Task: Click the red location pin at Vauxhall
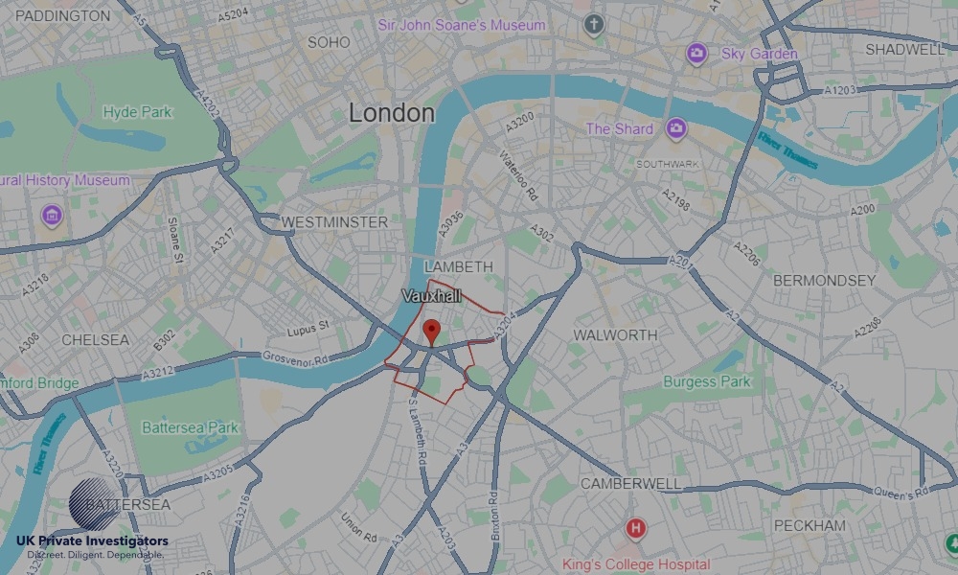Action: coord(431,332)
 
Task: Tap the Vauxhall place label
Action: coord(432,297)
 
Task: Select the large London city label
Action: coord(391,113)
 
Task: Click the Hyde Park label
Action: coord(137,112)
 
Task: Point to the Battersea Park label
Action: coord(191,427)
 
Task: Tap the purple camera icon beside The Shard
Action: coord(676,128)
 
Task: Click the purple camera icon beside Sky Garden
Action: coord(696,54)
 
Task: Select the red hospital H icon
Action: coord(634,528)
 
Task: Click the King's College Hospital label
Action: coord(635,564)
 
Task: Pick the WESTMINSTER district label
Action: coord(334,222)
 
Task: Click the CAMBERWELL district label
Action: coord(630,484)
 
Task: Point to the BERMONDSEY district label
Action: coord(824,281)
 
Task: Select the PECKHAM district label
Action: coord(810,525)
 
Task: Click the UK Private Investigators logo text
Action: coord(91,541)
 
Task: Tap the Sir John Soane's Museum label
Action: coord(462,25)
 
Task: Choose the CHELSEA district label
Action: coord(95,340)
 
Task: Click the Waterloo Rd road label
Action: coord(518,175)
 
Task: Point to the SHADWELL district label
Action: coord(904,49)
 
